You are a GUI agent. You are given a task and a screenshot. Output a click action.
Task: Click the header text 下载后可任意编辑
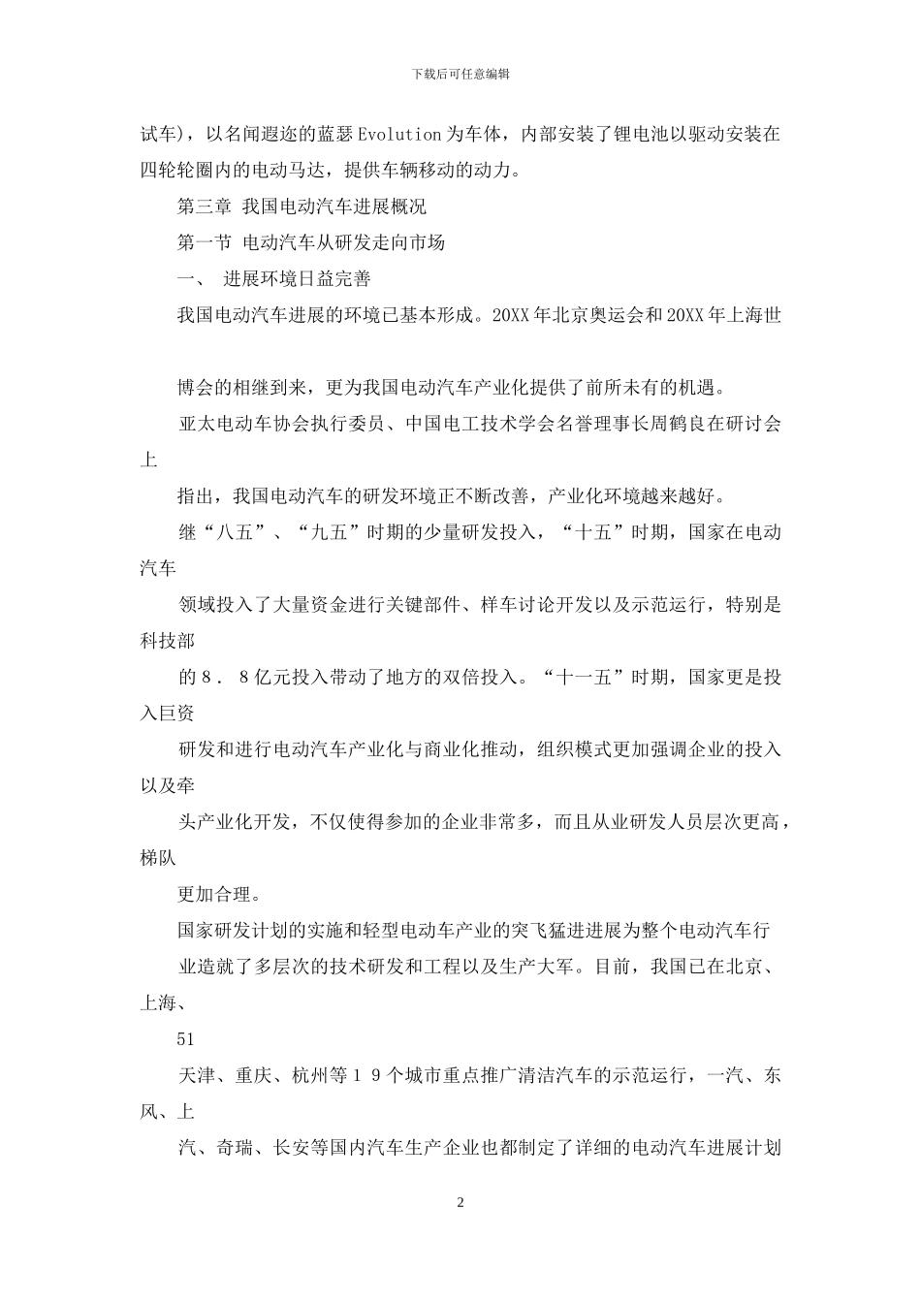point(460,74)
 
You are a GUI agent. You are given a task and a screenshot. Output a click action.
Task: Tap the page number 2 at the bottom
point(460,1203)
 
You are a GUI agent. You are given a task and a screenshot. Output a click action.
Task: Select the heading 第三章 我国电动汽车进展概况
point(302,207)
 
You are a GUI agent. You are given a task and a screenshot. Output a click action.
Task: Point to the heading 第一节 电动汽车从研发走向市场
point(311,242)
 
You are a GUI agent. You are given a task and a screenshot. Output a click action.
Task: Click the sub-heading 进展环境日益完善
point(298,279)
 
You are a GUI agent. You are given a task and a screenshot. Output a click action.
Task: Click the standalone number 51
point(186,1039)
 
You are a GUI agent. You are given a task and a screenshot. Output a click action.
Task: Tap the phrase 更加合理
point(213,894)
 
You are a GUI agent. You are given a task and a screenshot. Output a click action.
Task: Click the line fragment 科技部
point(168,641)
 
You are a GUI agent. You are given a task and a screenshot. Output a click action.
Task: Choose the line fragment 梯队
point(158,858)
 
